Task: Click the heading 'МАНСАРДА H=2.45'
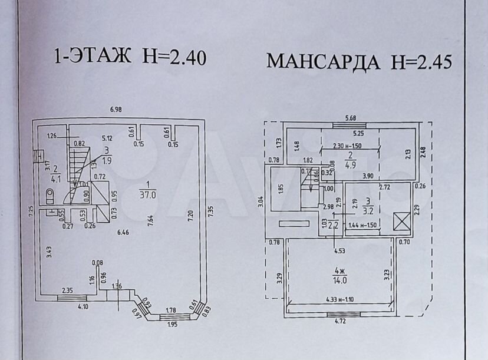[x=359, y=61]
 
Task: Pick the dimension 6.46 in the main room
[x=123, y=233]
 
